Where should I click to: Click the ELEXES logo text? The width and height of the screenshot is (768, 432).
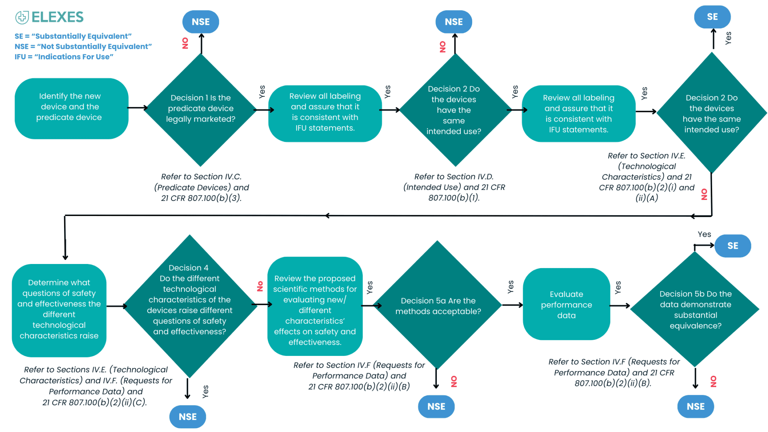click(57, 17)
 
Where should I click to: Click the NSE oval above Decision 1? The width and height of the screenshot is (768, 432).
click(201, 22)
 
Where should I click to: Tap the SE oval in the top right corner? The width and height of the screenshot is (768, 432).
click(712, 17)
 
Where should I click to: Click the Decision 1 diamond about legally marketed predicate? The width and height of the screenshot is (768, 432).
click(201, 109)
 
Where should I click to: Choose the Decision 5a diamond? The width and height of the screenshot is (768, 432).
click(437, 305)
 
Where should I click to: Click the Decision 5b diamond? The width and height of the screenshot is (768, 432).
click(695, 309)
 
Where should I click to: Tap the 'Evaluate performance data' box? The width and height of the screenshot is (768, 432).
click(566, 304)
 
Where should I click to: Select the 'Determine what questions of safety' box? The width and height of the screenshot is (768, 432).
click(59, 310)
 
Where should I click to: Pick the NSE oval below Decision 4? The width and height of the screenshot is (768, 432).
click(187, 417)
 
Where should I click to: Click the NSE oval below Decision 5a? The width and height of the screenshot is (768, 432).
click(436, 406)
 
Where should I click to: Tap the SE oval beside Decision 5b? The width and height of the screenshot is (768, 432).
click(732, 246)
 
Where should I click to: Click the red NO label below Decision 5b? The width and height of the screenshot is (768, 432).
click(713, 381)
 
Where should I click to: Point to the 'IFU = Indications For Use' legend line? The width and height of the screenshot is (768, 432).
click(64, 57)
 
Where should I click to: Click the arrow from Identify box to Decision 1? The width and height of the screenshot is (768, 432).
click(137, 108)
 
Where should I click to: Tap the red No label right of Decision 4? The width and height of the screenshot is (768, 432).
click(260, 286)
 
